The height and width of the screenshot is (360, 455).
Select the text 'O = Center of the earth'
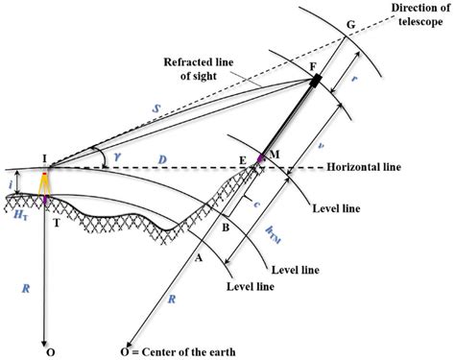187,349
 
